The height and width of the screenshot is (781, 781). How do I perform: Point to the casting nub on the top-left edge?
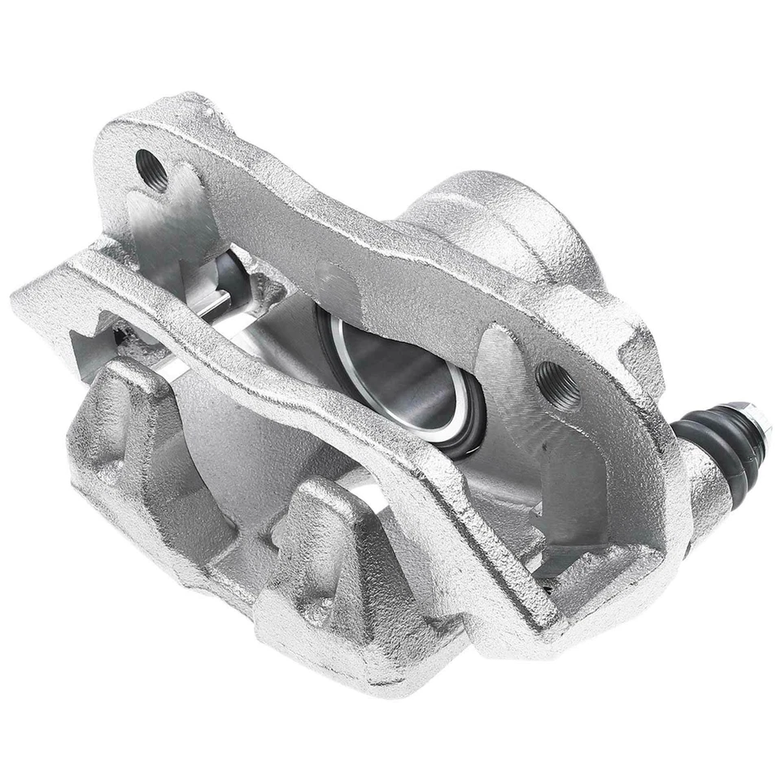[195, 102]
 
